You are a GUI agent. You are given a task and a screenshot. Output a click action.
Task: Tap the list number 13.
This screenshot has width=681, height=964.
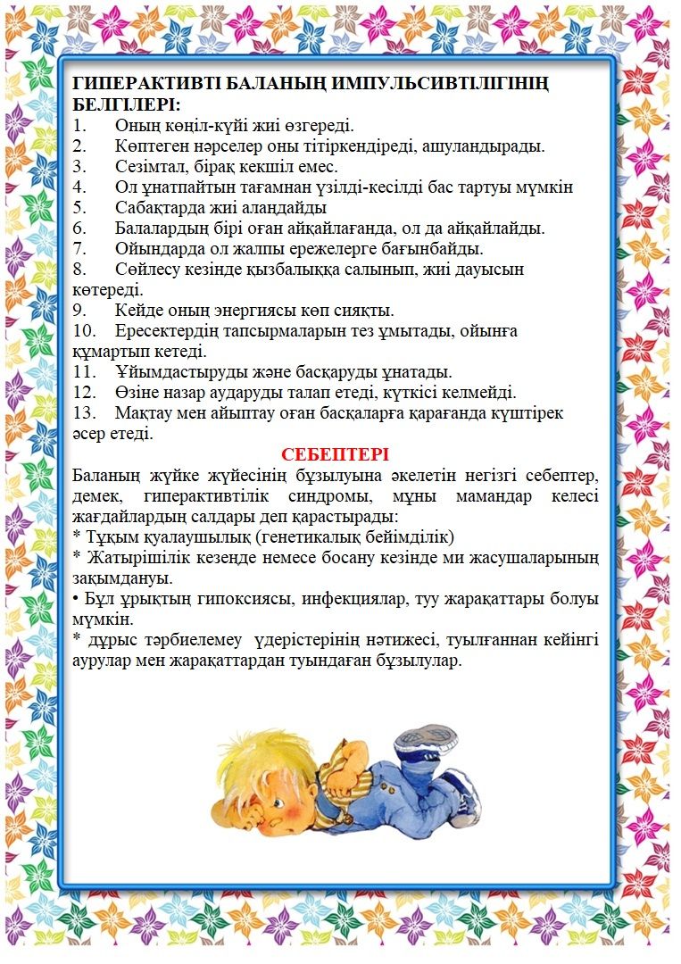[84, 414]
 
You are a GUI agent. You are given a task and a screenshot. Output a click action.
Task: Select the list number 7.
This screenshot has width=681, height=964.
[79, 248]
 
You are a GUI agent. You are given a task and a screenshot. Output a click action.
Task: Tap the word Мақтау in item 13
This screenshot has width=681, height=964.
[145, 414]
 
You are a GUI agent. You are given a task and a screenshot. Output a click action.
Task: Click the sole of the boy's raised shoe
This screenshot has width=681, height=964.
[426, 737]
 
